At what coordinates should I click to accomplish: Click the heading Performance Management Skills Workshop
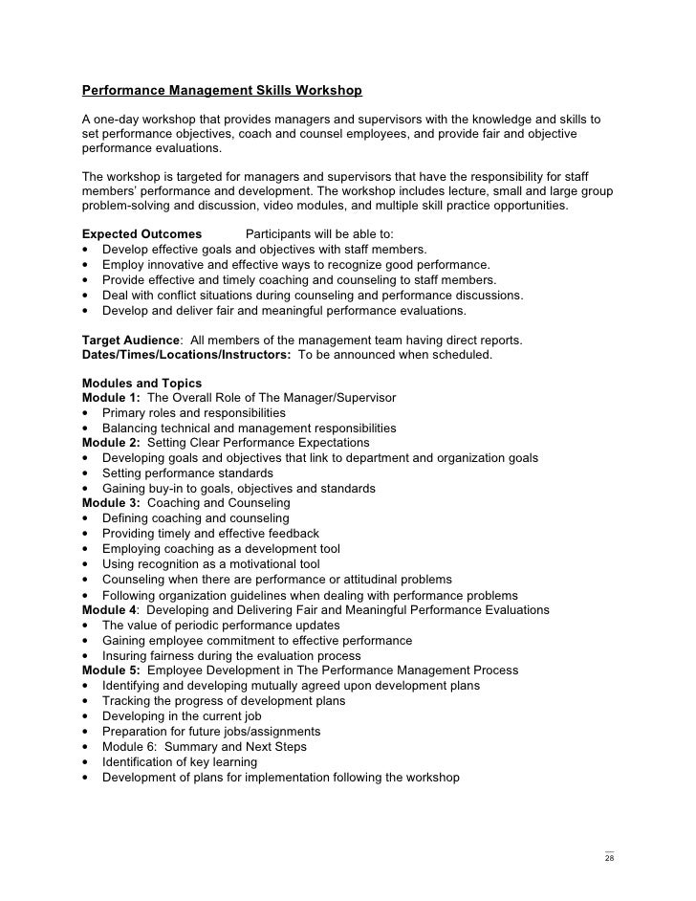222,92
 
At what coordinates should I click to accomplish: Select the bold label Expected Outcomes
141,234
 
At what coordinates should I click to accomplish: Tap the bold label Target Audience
131,341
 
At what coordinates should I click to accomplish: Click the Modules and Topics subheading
141,383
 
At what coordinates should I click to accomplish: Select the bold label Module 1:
111,398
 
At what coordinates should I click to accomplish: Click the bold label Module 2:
111,443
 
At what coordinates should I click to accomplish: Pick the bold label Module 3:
111,503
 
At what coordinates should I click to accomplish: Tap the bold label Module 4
109,610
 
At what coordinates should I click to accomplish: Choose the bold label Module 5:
111,670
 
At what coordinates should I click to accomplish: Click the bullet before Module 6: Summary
86,747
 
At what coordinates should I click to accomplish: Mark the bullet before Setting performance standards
86,473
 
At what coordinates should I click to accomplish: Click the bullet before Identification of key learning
86,762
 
